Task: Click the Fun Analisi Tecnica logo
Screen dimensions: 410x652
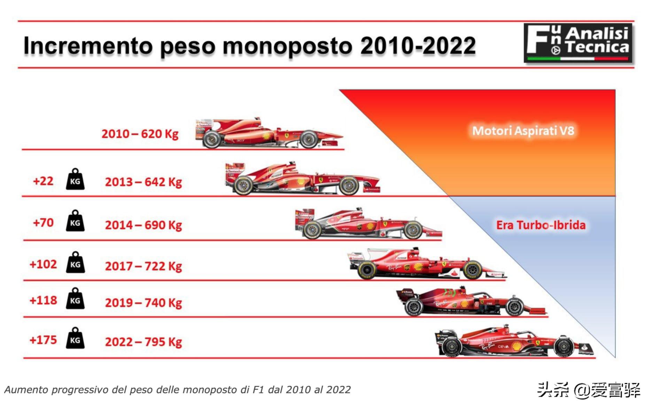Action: click(x=578, y=43)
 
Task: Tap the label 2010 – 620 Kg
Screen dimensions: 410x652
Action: click(x=140, y=134)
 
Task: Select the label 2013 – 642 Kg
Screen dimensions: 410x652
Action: click(x=143, y=182)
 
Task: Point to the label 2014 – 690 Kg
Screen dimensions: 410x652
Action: click(x=143, y=225)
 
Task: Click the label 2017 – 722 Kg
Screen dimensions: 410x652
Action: click(x=143, y=266)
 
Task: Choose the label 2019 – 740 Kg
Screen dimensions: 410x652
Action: click(x=143, y=303)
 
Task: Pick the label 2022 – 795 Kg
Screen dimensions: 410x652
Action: click(x=143, y=342)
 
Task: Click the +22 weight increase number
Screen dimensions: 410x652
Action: click(x=43, y=181)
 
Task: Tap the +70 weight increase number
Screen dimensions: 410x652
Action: click(x=43, y=222)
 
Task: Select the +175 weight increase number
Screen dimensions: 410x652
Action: click(x=43, y=340)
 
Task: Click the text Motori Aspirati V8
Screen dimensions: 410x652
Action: click(x=523, y=131)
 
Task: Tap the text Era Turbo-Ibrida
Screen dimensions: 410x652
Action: click(x=541, y=225)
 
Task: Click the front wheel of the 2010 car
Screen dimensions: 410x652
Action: click(x=309, y=139)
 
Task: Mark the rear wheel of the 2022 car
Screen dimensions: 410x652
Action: click(x=451, y=347)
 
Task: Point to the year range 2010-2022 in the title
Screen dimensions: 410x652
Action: click(x=418, y=46)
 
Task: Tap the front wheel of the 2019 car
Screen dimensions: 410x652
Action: click(x=514, y=307)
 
